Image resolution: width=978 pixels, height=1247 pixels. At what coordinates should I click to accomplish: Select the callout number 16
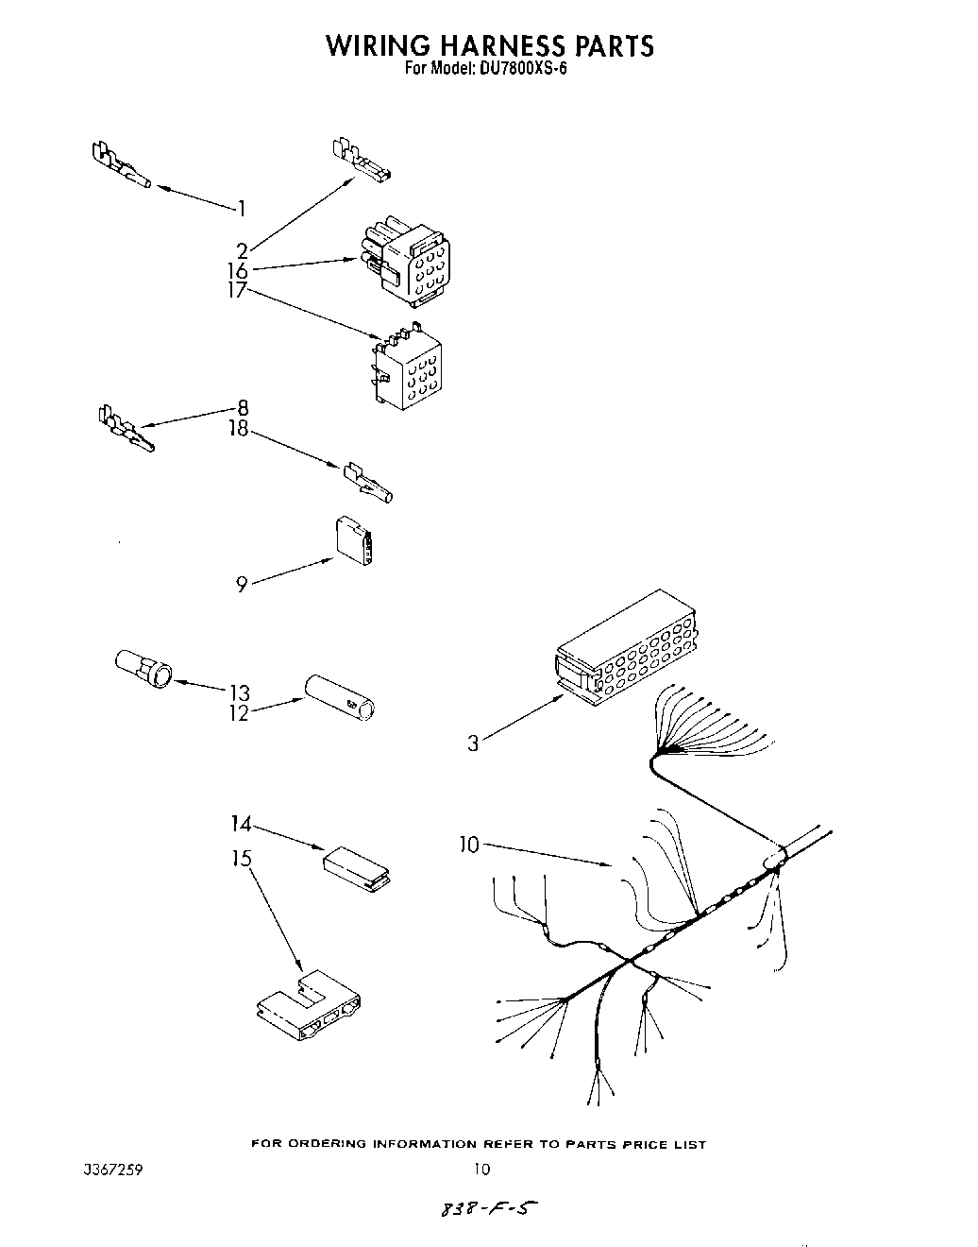238,270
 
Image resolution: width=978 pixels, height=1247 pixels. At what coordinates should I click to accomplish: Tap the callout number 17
237,290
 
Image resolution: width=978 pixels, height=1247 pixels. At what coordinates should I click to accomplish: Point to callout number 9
243,585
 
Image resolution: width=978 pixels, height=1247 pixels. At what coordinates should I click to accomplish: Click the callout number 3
473,743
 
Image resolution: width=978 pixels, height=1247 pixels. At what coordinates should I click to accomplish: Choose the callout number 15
242,858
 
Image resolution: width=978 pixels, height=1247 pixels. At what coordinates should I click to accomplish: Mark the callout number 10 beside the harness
469,845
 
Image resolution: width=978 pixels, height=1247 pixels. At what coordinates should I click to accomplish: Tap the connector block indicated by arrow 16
406,264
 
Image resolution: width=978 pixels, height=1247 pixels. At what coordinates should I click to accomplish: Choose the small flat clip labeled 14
357,868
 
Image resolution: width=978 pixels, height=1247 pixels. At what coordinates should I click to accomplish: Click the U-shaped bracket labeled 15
310,1009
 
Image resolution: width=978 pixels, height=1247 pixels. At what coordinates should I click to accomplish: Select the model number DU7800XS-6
518,68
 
